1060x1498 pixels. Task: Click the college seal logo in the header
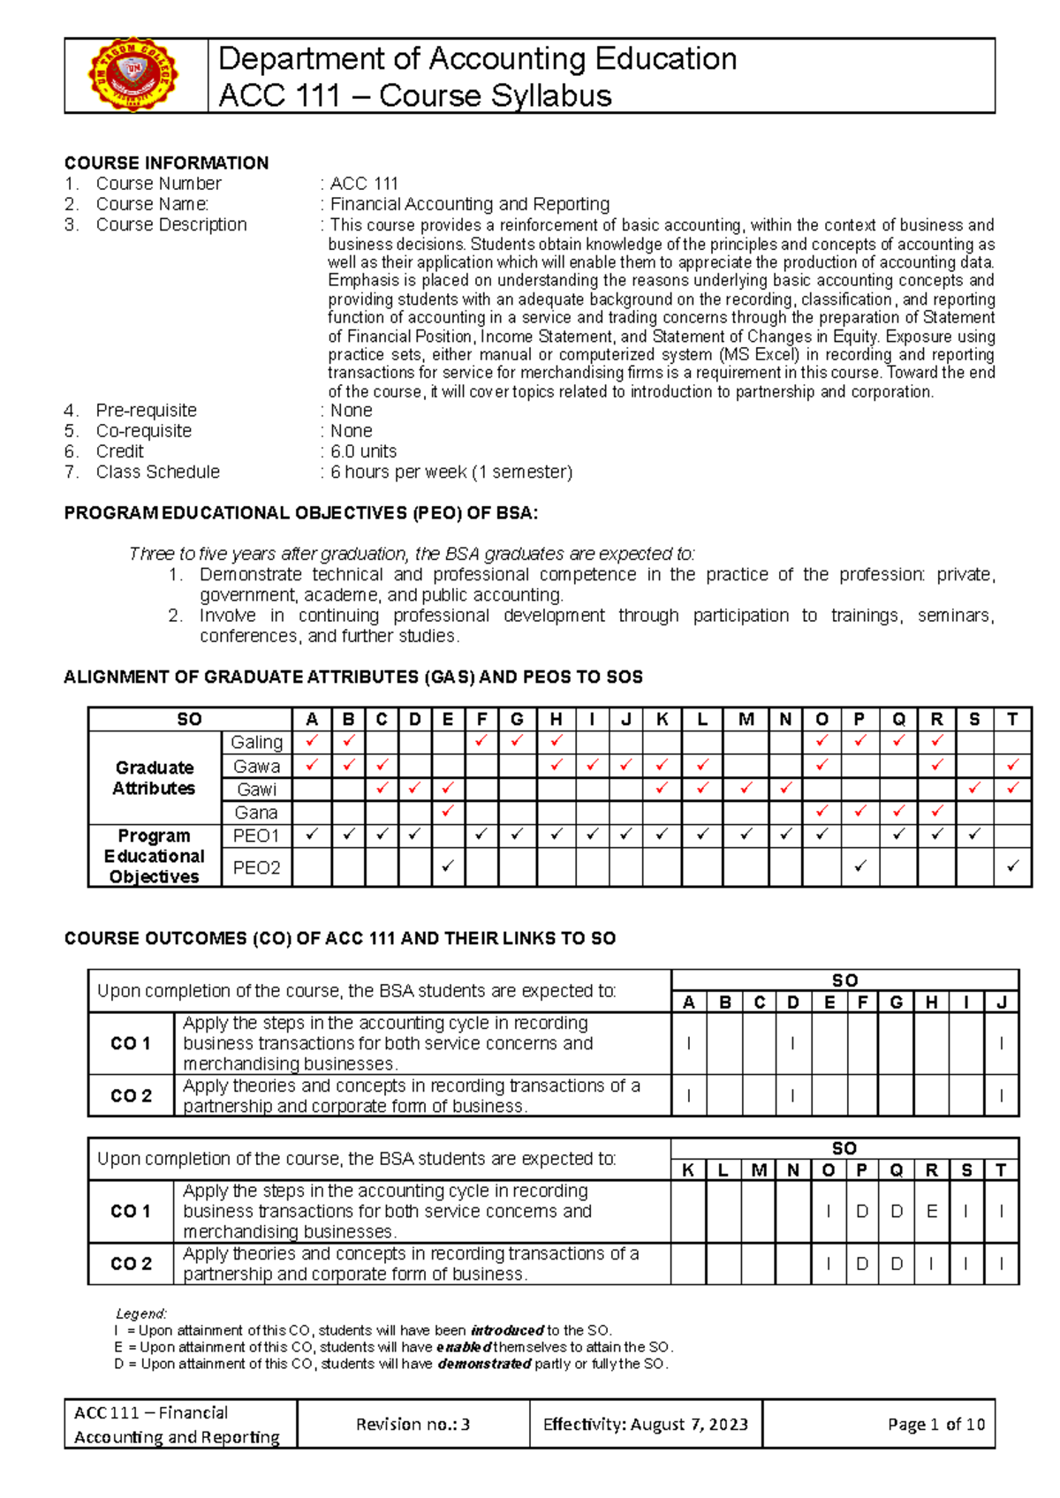point(134,76)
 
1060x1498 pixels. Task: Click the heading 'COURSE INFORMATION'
point(166,163)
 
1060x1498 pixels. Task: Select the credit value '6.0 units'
point(363,451)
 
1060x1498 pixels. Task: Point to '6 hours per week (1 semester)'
point(450,472)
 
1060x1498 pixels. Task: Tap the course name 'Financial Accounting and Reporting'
point(469,204)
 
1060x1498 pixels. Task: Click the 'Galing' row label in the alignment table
point(256,743)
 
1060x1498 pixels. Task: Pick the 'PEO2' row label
point(256,867)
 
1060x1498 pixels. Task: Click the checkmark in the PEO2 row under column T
point(1012,866)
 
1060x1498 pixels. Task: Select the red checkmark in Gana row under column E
point(448,811)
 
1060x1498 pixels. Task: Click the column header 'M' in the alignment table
point(746,719)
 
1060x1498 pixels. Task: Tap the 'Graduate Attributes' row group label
point(154,777)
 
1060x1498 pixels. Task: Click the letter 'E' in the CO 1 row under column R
point(931,1212)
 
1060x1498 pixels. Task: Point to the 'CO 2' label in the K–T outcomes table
point(131,1264)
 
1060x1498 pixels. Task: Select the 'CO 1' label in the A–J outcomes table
point(131,1043)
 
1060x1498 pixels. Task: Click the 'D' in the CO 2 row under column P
point(862,1264)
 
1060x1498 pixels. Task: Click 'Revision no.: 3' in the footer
point(413,1424)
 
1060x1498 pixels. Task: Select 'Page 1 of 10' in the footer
point(935,1424)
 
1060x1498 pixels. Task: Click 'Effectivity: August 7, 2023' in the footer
point(646,1424)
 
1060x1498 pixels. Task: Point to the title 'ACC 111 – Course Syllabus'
point(414,95)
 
